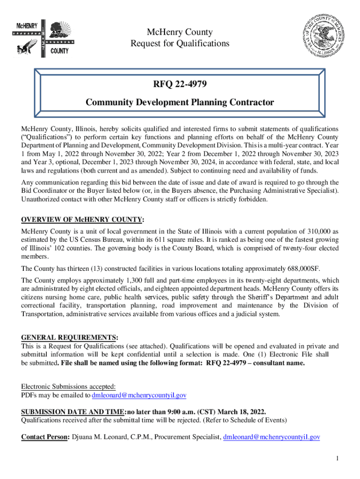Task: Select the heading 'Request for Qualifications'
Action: coord(180,44)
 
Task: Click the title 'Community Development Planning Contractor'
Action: coord(180,102)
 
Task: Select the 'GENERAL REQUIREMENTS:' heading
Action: coord(70,337)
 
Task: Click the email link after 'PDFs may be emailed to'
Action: coord(139,395)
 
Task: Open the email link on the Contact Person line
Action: coord(271,437)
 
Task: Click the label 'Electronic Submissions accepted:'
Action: coord(68,386)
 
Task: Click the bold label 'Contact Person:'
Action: coord(45,437)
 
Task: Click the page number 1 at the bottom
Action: coord(337,457)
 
